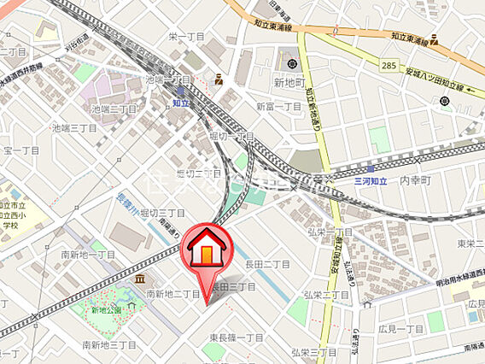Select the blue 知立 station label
(x=179, y=103)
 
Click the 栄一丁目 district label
(x=186, y=36)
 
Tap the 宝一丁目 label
(x=21, y=150)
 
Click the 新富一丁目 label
(x=278, y=107)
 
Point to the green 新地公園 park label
(x=107, y=310)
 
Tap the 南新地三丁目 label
(x=108, y=344)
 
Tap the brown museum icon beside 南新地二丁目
(x=139, y=279)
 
